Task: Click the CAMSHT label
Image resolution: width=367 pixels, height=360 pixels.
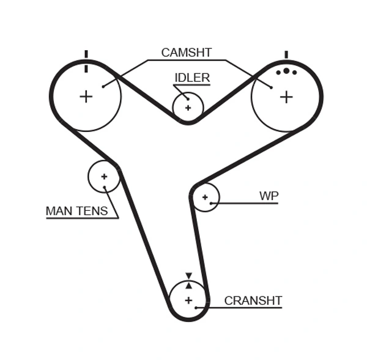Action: (x=186, y=53)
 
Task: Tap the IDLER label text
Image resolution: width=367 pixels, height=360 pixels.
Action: (x=192, y=78)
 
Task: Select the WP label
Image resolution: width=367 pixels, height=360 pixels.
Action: (x=269, y=196)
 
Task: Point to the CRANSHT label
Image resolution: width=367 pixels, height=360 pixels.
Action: (x=253, y=301)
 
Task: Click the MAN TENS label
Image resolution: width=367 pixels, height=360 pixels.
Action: (x=76, y=211)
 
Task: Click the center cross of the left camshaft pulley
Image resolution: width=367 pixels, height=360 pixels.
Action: (x=86, y=96)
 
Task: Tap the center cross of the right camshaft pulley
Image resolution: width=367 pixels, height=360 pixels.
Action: (x=286, y=96)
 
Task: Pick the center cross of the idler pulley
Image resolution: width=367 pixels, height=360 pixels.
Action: (x=188, y=108)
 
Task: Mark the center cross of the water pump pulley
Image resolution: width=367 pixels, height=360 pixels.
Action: (x=205, y=197)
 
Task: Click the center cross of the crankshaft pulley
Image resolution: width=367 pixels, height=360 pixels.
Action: (x=188, y=300)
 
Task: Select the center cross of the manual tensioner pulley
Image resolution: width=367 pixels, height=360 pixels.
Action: (x=104, y=177)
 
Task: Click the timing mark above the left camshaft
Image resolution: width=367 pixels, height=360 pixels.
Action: (x=86, y=54)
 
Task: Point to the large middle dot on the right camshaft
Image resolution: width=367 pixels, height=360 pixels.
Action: (x=286, y=71)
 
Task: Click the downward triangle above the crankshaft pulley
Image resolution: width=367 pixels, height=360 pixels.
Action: (x=188, y=276)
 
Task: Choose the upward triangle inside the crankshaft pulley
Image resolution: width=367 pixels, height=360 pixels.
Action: (x=188, y=285)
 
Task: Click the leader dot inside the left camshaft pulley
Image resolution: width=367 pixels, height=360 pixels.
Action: (x=103, y=86)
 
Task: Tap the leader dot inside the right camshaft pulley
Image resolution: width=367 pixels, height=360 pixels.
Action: (x=271, y=87)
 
